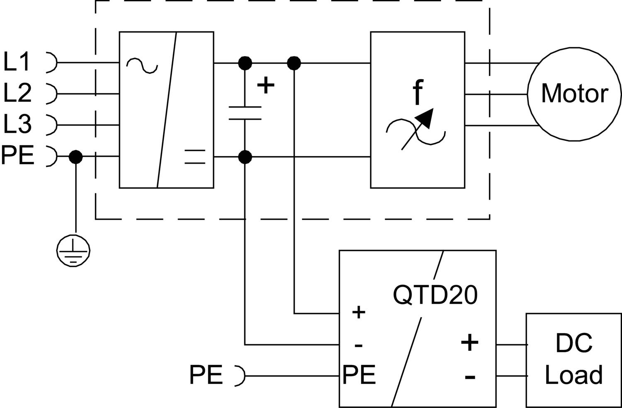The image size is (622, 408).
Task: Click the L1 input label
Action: (x=17, y=62)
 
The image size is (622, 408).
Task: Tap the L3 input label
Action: (x=17, y=124)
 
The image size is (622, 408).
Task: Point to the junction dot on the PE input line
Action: (x=75, y=157)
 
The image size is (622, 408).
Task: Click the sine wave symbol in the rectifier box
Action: (x=142, y=65)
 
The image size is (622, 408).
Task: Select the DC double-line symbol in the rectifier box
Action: (x=195, y=157)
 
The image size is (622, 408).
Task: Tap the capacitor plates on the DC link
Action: (x=245, y=113)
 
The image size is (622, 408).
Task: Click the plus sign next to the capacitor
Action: (x=266, y=86)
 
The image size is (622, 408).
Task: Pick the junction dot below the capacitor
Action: (x=245, y=157)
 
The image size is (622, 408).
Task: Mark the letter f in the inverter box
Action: (x=418, y=93)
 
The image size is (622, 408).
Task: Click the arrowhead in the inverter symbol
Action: (x=427, y=118)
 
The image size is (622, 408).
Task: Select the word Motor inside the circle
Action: (x=574, y=94)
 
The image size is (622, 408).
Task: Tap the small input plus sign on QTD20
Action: (x=358, y=312)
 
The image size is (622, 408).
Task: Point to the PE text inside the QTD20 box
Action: (x=359, y=375)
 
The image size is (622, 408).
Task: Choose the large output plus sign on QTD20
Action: (x=470, y=343)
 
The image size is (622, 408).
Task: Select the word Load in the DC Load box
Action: (x=573, y=375)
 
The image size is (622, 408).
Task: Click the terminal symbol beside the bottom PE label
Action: (x=240, y=376)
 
